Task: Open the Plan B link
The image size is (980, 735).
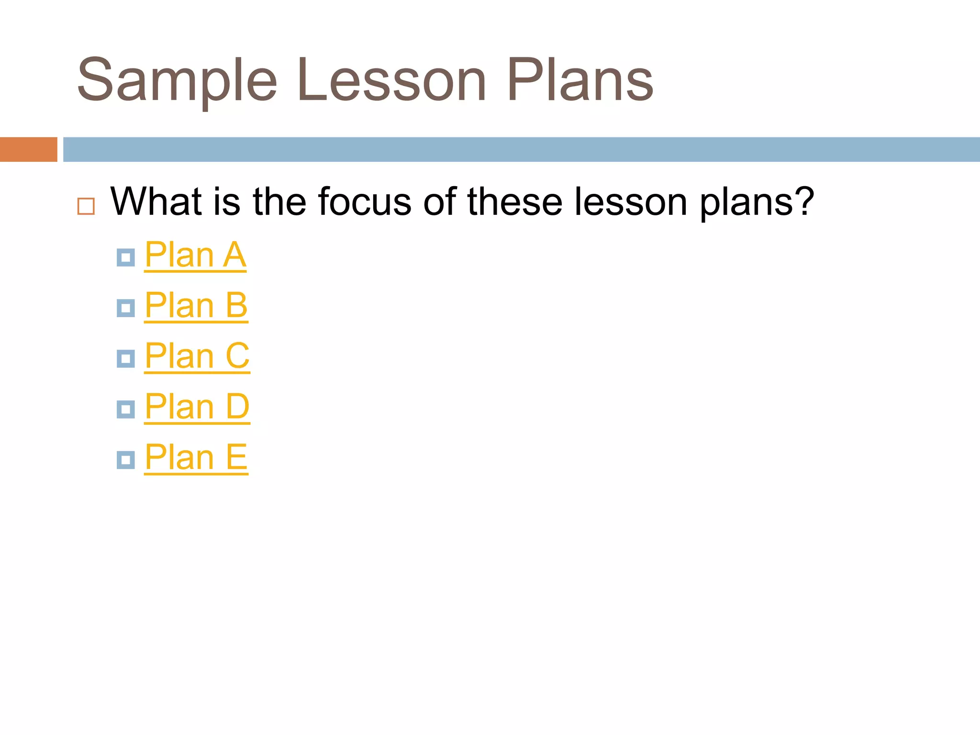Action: click(x=196, y=306)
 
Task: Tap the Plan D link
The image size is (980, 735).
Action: click(x=197, y=407)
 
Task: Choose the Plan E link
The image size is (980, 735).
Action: click(x=196, y=457)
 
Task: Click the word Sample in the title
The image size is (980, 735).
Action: click(x=177, y=80)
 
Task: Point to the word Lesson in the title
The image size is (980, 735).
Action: click(x=391, y=80)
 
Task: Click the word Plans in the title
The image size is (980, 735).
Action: click(x=580, y=80)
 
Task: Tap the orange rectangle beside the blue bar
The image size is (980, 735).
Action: click(x=28, y=149)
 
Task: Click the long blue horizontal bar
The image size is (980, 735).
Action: click(x=522, y=149)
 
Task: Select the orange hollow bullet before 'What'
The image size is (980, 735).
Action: click(x=86, y=206)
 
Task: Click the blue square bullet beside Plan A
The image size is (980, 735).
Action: click(x=126, y=258)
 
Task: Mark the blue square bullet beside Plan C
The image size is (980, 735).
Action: click(x=126, y=359)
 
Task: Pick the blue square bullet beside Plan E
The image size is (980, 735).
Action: click(x=126, y=460)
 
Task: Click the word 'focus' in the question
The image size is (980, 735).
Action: click(x=365, y=202)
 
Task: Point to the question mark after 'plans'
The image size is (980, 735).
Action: click(x=804, y=201)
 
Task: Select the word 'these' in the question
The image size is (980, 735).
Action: click(x=515, y=202)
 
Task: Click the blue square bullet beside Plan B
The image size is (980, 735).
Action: click(x=126, y=308)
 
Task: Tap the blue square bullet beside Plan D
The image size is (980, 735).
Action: click(x=126, y=410)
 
